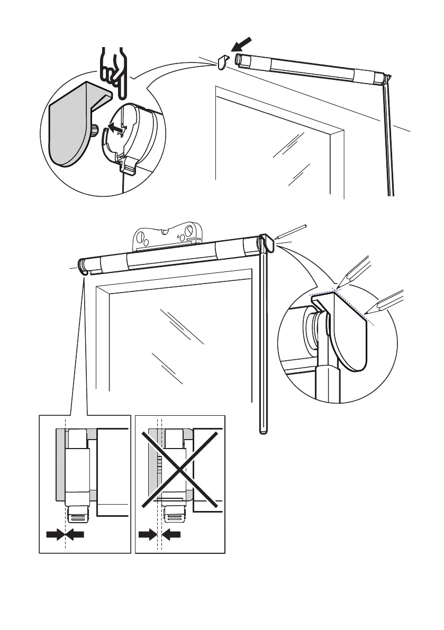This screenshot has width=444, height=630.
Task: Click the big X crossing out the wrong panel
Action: [x=180, y=468]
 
